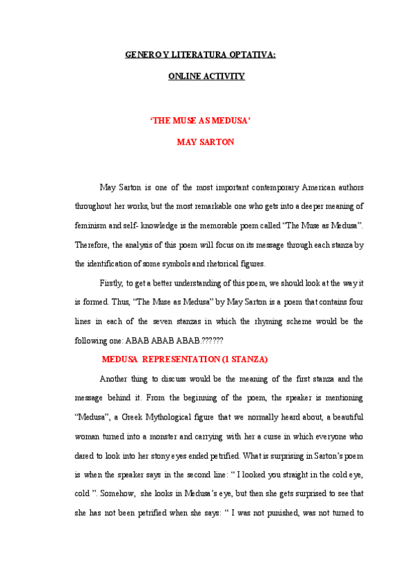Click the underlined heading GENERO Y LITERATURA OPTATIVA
(x=200, y=54)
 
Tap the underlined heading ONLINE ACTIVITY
(x=206, y=77)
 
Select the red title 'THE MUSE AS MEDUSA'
(x=199, y=119)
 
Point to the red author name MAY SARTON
(x=206, y=142)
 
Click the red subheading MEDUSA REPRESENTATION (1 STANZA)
(x=184, y=359)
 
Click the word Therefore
(x=91, y=244)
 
